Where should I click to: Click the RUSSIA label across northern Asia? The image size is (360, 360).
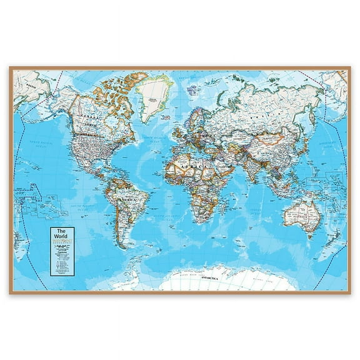point(262,106)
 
